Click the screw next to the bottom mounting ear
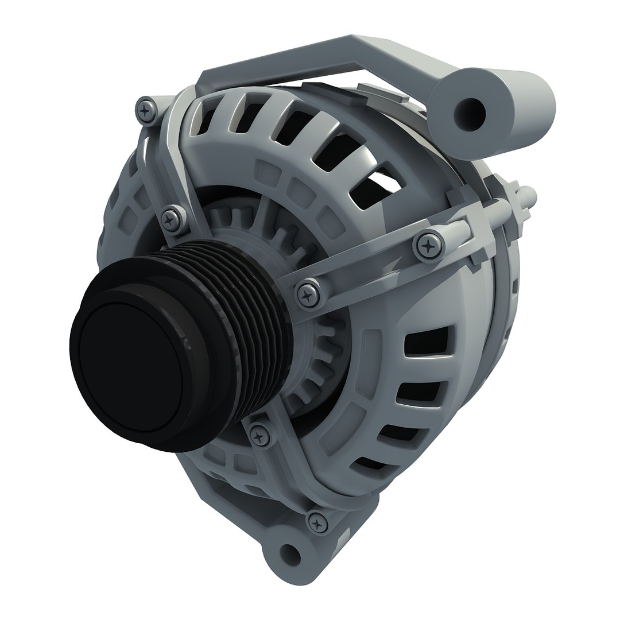(317, 522)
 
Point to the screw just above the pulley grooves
(171, 219)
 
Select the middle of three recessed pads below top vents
(298, 189)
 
